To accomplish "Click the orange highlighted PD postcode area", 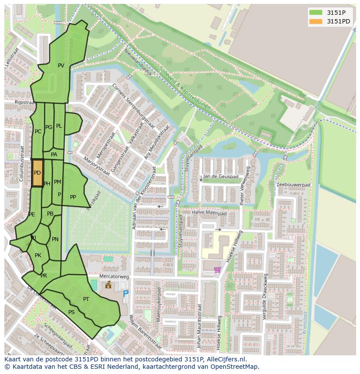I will tap(38, 173).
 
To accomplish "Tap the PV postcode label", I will tap(61, 66).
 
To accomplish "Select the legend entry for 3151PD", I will tap(338, 21).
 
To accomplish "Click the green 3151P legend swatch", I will tap(316, 12).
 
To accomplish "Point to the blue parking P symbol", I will tap(126, 294).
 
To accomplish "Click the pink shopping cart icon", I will tap(217, 270).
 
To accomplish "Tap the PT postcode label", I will tap(86, 299).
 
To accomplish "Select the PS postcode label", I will tap(71, 312).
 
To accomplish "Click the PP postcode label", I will tap(73, 197).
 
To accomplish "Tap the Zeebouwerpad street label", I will tap(293, 185).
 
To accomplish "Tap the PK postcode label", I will tap(38, 255).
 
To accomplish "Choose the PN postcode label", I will tap(55, 239).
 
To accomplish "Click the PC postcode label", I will tap(38, 132).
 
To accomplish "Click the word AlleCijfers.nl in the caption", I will tap(226, 360).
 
